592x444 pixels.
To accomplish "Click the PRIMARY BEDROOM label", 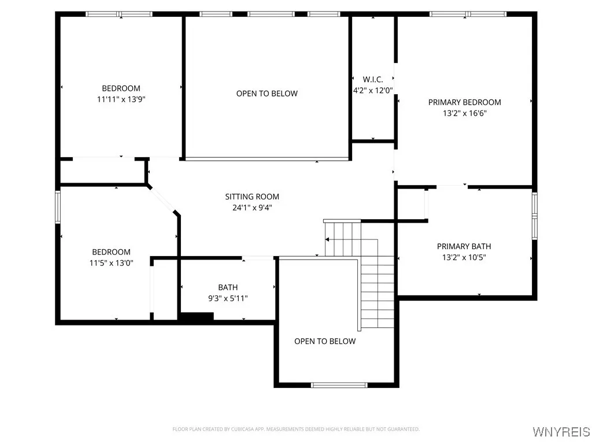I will (x=464, y=102).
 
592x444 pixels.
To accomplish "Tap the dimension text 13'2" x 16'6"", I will (x=464, y=114).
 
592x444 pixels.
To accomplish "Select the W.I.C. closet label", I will (x=373, y=79).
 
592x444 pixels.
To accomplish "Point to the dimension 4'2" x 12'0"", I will (x=373, y=90).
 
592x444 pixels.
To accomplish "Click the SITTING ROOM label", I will (x=252, y=197).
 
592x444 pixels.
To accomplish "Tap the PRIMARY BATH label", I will (x=464, y=246).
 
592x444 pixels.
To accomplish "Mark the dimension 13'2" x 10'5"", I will (x=464, y=258).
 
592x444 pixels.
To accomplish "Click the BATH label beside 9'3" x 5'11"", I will (x=228, y=287).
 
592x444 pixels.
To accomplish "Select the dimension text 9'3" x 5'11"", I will (x=228, y=298).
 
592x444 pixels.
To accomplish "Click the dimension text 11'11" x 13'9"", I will (x=121, y=99).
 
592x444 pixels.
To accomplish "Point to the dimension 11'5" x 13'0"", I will (x=111, y=263).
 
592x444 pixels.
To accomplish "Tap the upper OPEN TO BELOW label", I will (x=267, y=94).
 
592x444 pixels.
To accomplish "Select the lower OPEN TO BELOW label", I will (x=325, y=341).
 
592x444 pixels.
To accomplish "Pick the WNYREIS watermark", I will (x=561, y=432).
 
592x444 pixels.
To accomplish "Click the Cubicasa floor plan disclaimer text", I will (x=296, y=429).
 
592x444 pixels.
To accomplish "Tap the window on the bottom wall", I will (x=339, y=385).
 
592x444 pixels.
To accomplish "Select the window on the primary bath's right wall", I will (x=534, y=214).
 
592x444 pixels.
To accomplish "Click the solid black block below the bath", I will (x=197, y=316).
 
